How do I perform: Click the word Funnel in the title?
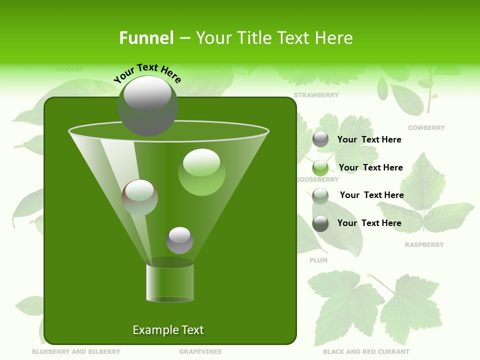click(x=146, y=38)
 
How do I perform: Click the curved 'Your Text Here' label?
click(x=147, y=72)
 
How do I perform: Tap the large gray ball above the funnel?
click(x=147, y=105)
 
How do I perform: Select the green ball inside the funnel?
click(x=201, y=172)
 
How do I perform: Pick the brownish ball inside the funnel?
click(x=139, y=197)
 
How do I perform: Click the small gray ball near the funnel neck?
click(x=179, y=240)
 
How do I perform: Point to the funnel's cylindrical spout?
click(x=170, y=282)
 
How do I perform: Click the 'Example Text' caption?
click(x=168, y=330)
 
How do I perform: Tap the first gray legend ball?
click(x=320, y=139)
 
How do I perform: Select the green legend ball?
click(x=320, y=167)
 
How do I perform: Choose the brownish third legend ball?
click(x=320, y=195)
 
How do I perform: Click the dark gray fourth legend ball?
click(x=320, y=223)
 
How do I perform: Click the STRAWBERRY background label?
click(x=316, y=95)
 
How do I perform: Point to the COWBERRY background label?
click(x=426, y=128)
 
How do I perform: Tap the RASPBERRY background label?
click(x=424, y=245)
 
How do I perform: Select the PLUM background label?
click(x=318, y=260)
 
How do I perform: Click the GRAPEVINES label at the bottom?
click(x=200, y=352)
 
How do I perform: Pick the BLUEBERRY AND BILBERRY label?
click(x=76, y=352)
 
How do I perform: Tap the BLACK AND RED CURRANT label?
click(x=366, y=352)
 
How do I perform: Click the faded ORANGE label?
click(x=69, y=69)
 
